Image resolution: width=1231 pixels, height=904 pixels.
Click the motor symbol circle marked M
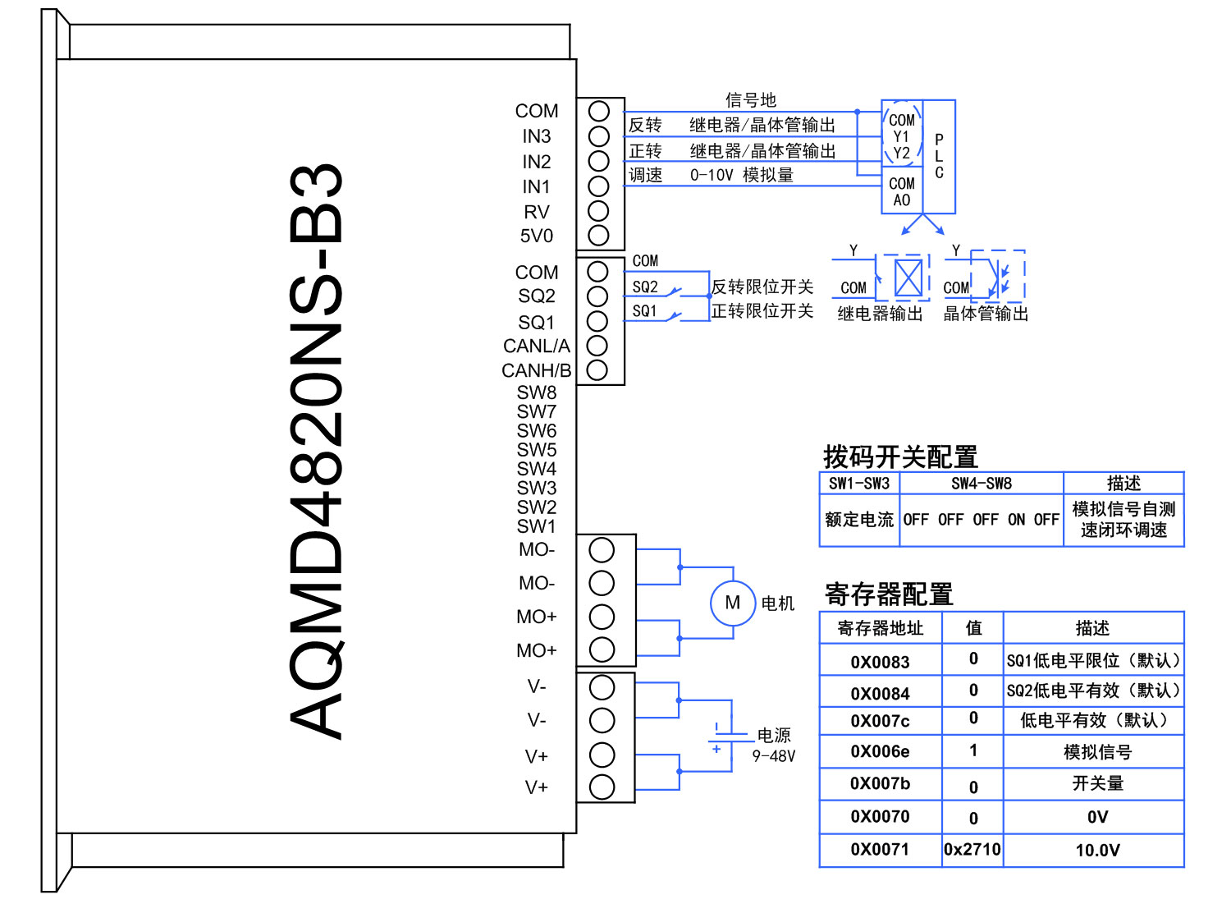pyautogui.click(x=732, y=603)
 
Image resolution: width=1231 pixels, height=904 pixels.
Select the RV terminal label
pyautogui.click(x=537, y=212)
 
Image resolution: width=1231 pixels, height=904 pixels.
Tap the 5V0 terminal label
pyautogui.click(x=537, y=236)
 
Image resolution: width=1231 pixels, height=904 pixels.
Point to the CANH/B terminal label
pyautogui.click(x=536, y=371)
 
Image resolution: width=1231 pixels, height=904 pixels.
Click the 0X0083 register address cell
pyautogui.click(x=880, y=662)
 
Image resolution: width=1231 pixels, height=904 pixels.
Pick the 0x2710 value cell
pyautogui.click(x=972, y=850)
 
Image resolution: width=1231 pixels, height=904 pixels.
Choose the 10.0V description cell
pyautogui.click(x=1097, y=850)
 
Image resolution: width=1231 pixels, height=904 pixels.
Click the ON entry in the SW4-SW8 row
pyautogui.click(x=1016, y=520)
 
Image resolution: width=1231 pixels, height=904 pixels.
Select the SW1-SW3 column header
pyautogui.click(x=859, y=484)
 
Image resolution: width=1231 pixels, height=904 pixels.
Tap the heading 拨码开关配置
pyautogui.click(x=900, y=457)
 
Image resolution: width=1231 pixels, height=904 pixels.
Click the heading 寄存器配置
pyautogui.click(x=889, y=594)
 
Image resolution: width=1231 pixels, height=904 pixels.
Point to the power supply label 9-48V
pyautogui.click(x=773, y=755)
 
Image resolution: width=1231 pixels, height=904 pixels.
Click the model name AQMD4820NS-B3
pyautogui.click(x=317, y=451)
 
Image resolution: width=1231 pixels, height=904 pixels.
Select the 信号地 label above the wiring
pyautogui.click(x=750, y=100)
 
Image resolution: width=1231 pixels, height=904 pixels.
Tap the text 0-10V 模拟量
pyautogui.click(x=742, y=175)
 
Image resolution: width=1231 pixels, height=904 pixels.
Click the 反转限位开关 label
pyautogui.click(x=762, y=287)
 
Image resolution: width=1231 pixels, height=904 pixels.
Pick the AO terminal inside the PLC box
pyautogui.click(x=901, y=200)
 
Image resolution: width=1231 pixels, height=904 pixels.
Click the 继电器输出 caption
pyautogui.click(x=880, y=314)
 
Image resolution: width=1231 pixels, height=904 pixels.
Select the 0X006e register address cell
pyautogui.click(x=880, y=751)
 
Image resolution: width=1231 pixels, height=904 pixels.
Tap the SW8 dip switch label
pyautogui.click(x=537, y=392)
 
